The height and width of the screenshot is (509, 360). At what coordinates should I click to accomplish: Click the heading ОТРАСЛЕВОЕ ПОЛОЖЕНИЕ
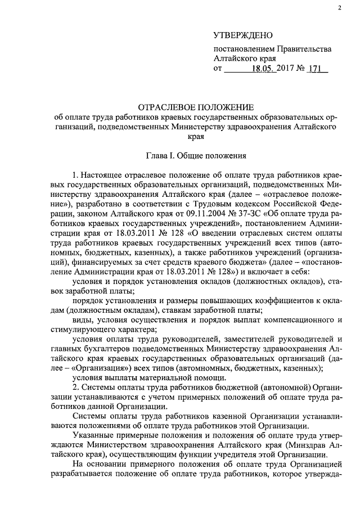pyautogui.click(x=196, y=107)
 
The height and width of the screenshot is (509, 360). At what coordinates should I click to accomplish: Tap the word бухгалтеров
pyautogui.click(x=110, y=350)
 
